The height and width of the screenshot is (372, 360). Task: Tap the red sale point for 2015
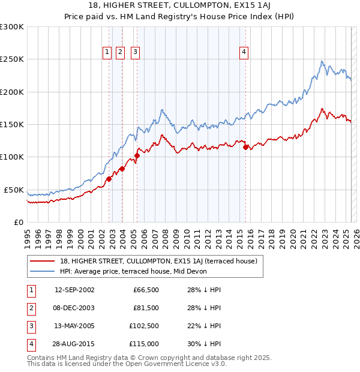245,147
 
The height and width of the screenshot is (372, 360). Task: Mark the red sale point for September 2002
109,179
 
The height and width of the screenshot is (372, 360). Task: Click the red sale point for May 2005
137,155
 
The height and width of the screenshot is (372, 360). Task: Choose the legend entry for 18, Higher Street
158,261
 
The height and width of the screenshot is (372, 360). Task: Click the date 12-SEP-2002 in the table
74,290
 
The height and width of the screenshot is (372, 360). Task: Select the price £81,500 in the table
146,308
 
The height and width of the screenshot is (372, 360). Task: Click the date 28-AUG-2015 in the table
74,344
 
